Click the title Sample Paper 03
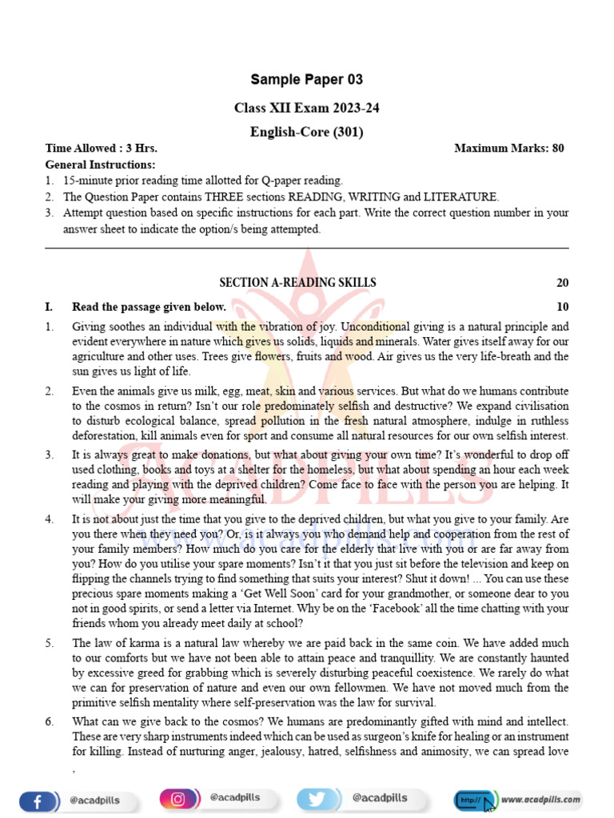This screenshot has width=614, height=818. (306, 79)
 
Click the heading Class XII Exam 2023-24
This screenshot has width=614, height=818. (306, 107)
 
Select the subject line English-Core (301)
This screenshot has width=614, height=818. (306, 132)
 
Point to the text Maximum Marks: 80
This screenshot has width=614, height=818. (509, 149)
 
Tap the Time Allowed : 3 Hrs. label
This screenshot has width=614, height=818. (102, 149)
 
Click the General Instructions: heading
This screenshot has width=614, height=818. (101, 165)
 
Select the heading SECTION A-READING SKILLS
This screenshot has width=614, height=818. (297, 283)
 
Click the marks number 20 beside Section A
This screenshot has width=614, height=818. (562, 283)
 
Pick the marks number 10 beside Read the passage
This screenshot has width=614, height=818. (562, 307)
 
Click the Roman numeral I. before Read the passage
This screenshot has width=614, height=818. (50, 307)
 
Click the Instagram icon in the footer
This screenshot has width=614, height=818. (178, 798)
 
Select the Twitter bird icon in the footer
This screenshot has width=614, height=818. (317, 798)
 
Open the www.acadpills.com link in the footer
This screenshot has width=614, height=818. (541, 798)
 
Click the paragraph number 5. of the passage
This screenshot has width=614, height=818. (50, 642)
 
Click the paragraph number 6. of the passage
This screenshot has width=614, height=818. (50, 721)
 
